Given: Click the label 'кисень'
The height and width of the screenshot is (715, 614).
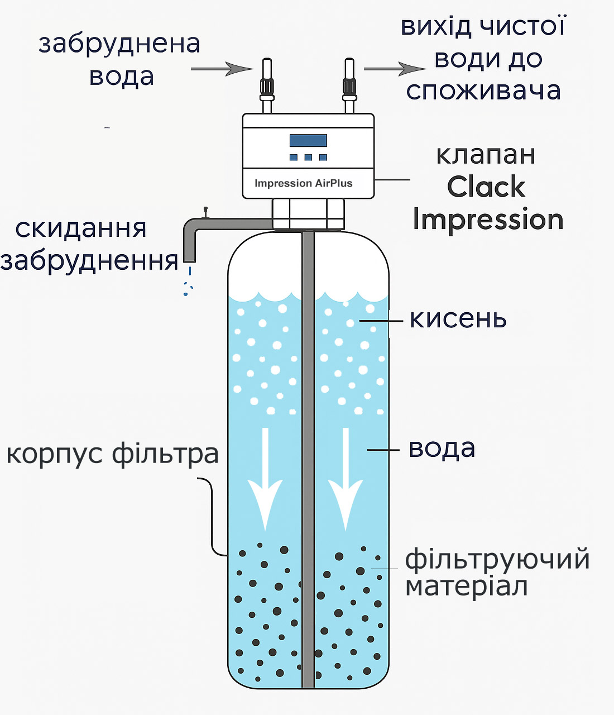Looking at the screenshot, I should [458, 320].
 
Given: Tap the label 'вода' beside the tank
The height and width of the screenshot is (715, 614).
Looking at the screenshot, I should [442, 449].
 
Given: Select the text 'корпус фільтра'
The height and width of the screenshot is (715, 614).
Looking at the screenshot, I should [112, 454].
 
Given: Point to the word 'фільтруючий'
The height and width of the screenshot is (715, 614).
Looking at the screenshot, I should [497, 559].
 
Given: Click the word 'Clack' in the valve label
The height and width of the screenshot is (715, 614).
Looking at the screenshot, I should [486, 187].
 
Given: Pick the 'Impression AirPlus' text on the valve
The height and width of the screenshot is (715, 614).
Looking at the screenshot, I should [303, 183].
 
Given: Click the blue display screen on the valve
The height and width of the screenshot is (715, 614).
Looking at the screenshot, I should [308, 140].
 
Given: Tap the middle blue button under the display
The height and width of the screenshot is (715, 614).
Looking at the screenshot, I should [308, 158].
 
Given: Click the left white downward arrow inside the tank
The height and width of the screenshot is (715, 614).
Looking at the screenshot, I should [265, 480].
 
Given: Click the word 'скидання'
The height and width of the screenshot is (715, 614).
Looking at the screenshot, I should [81, 228].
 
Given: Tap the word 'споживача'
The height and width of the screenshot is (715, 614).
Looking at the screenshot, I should [483, 90].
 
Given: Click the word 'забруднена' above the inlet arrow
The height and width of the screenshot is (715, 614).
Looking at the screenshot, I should [119, 44].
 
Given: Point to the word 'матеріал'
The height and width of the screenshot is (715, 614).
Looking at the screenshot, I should [467, 587].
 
